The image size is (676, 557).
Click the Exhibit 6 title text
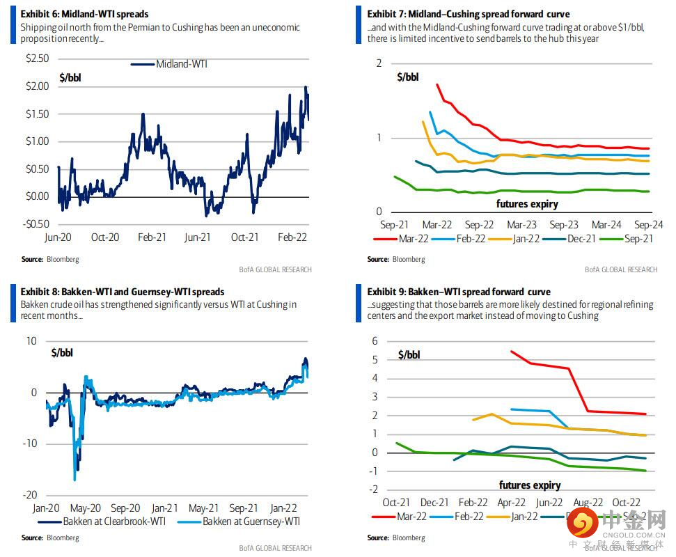84,14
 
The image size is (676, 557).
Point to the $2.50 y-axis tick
38,58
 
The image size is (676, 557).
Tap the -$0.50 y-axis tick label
36,223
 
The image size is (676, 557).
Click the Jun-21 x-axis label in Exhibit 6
198,237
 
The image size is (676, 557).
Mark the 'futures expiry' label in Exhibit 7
527,204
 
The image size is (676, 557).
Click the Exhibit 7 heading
468,14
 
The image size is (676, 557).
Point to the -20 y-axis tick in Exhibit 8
31,495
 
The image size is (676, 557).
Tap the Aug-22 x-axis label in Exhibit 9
588,502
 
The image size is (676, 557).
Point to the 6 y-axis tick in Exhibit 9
375,341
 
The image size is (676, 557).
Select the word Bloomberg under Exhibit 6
62,259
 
